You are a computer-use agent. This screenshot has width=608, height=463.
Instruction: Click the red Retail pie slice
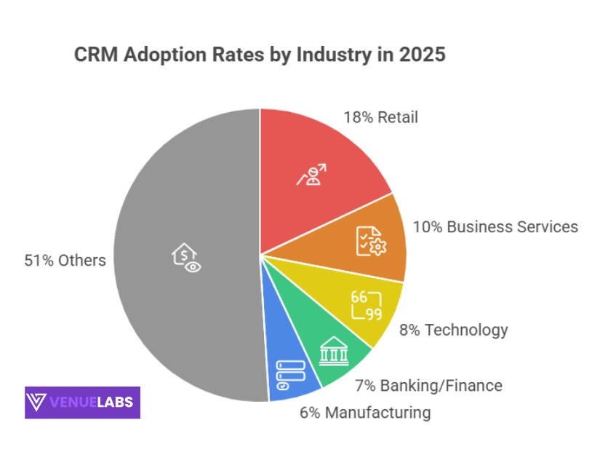[320, 167]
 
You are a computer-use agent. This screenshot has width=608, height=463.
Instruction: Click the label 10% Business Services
[495, 226]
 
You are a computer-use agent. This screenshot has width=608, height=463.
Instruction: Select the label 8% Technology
[453, 330]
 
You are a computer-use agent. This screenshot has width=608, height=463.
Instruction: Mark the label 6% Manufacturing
[365, 413]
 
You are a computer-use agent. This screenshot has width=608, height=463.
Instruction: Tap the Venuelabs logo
[82, 402]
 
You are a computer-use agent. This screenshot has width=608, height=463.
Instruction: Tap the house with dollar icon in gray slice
[186, 256]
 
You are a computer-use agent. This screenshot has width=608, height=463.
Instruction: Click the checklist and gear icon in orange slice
[371, 241]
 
